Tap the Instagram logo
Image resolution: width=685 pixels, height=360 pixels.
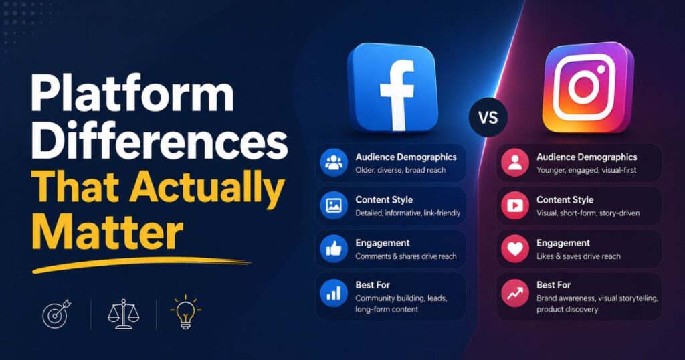(x=588, y=88)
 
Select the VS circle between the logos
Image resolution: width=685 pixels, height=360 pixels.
(x=488, y=118)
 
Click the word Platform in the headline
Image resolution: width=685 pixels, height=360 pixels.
(x=132, y=94)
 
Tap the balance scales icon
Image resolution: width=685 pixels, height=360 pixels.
(x=124, y=314)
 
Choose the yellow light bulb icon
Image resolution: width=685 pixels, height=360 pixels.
(x=185, y=312)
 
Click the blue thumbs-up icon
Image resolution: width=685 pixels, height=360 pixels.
(x=334, y=249)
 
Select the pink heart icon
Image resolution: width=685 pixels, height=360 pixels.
(x=515, y=249)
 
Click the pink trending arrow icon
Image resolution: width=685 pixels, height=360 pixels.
(x=515, y=293)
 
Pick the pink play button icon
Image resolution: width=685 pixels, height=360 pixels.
(x=515, y=205)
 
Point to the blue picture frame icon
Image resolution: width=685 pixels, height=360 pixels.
(x=334, y=205)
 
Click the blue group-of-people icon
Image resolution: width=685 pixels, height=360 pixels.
(x=334, y=163)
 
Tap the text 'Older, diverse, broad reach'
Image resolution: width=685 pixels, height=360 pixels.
(x=401, y=170)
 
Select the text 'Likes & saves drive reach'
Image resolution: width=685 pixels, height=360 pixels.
(x=579, y=256)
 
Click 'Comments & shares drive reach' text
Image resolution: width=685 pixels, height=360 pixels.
(x=406, y=256)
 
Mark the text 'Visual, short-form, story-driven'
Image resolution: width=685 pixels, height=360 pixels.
(x=588, y=213)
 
